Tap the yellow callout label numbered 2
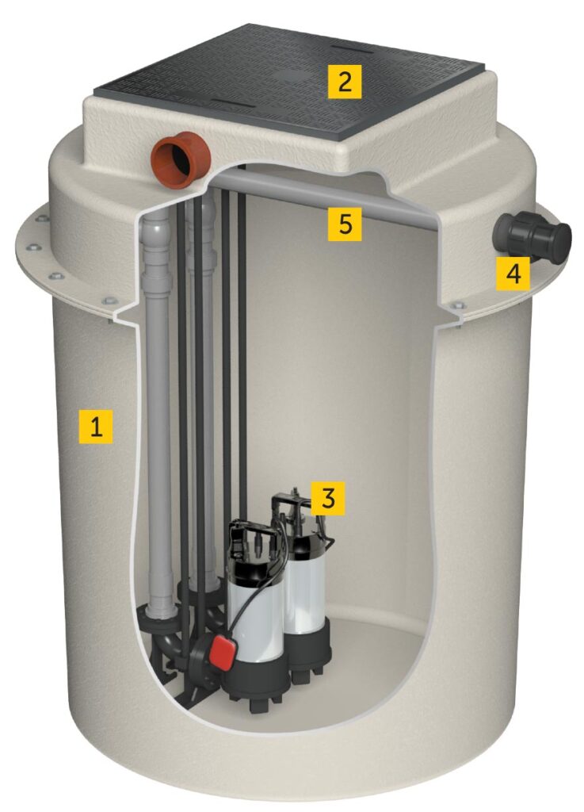[x=345, y=81]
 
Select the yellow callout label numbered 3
[x=329, y=497]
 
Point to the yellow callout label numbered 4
[x=513, y=274]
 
